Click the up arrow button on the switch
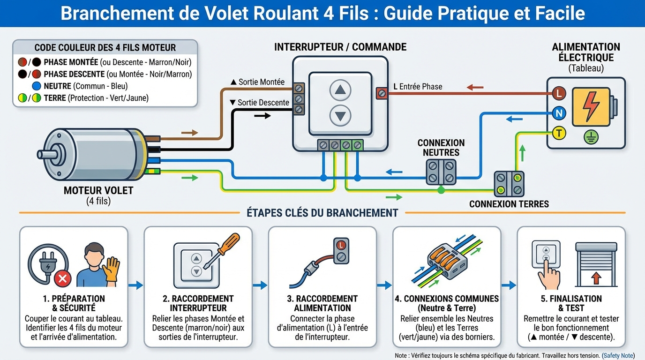pos(340,90)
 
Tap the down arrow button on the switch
pos(340,115)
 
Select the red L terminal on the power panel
pos(558,93)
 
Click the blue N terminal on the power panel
pos(558,113)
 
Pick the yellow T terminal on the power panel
pos(558,133)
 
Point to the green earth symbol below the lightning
pos(591,137)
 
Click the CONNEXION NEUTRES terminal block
pos(441,172)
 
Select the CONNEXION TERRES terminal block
pos(509,184)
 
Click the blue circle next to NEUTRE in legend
pos(36,86)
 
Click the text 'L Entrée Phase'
pos(417,87)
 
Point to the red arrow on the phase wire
pos(475,87)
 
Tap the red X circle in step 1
pos(62,280)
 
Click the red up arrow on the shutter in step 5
pos(596,278)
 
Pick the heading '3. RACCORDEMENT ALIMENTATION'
pos(322,303)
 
